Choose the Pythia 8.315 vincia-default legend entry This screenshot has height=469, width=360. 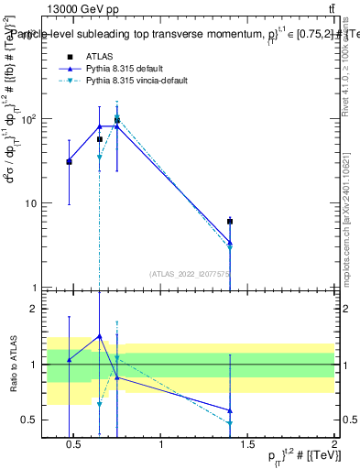137,81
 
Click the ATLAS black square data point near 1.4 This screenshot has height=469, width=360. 230,222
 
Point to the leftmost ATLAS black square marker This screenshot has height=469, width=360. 69,161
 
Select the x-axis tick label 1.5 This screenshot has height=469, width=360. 247,446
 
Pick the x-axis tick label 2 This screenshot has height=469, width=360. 334,446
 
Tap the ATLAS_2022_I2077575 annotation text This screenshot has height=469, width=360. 190,273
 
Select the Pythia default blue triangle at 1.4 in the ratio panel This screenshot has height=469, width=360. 230,410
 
